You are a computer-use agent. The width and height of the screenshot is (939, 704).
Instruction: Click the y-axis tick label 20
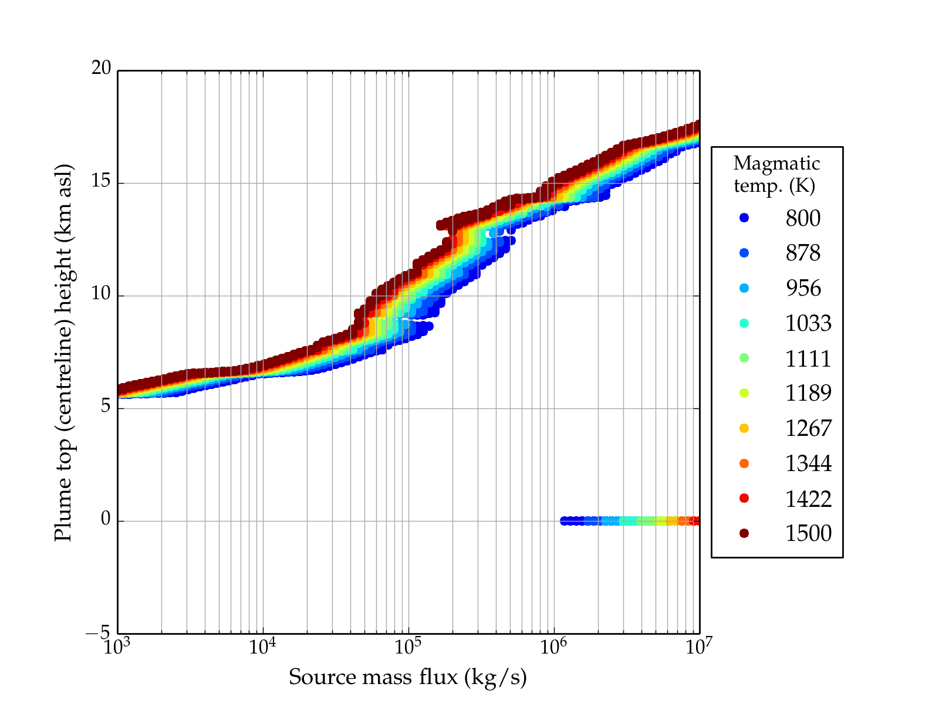[x=101, y=69]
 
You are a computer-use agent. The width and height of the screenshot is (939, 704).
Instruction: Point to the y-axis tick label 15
[x=101, y=181]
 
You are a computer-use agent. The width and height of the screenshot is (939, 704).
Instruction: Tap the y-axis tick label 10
[x=101, y=294]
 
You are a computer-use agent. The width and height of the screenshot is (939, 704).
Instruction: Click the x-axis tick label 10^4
[x=262, y=647]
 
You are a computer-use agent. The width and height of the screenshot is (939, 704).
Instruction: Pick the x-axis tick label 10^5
[x=408, y=647]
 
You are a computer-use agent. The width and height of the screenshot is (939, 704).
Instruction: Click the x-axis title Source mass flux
[x=408, y=677]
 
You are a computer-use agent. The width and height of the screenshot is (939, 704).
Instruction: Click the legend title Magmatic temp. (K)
[x=776, y=174]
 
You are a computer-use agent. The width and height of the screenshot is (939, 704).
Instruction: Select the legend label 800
[x=803, y=218]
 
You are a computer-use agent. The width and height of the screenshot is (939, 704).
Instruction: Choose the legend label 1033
[x=808, y=323]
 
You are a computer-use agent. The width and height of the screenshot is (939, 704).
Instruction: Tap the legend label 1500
[x=808, y=533]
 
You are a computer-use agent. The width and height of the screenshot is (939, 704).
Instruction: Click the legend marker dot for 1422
[x=744, y=498]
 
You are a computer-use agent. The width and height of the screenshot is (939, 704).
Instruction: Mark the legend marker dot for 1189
[x=744, y=393]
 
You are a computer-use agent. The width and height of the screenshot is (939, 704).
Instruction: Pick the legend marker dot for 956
[x=744, y=288]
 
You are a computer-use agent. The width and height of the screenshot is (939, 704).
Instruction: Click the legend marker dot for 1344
[x=744, y=463]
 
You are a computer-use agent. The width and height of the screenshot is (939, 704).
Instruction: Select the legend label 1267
[x=808, y=428]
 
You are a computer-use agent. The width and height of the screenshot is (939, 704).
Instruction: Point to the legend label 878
[x=803, y=253]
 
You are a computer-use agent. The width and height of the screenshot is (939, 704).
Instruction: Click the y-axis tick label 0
[x=106, y=519]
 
